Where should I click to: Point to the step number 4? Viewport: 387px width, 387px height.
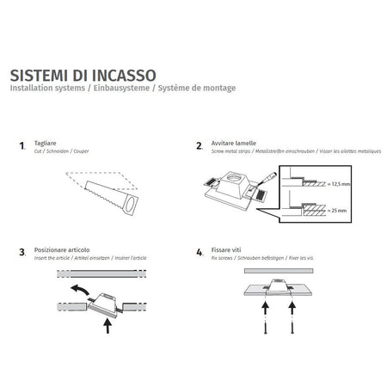click(200, 254)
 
